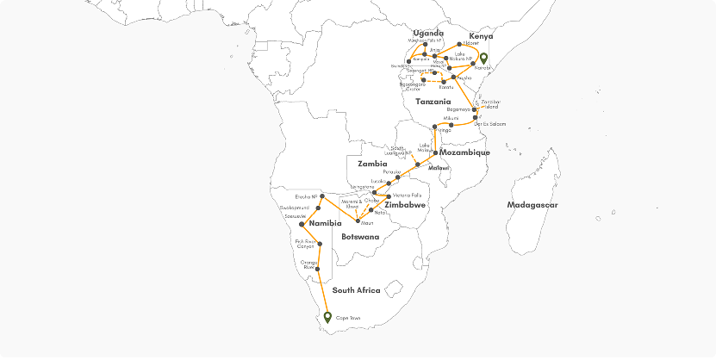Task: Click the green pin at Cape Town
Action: [327, 316]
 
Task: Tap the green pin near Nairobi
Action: [484, 59]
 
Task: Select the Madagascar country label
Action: [532, 205]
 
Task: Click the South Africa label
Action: [357, 290]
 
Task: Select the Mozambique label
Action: [464, 152]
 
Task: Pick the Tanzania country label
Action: [433, 102]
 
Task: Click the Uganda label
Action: [428, 34]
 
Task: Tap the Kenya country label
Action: [482, 35]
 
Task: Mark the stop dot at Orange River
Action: [319, 269]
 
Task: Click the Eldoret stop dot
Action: [460, 43]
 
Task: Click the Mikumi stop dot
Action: [451, 125]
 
